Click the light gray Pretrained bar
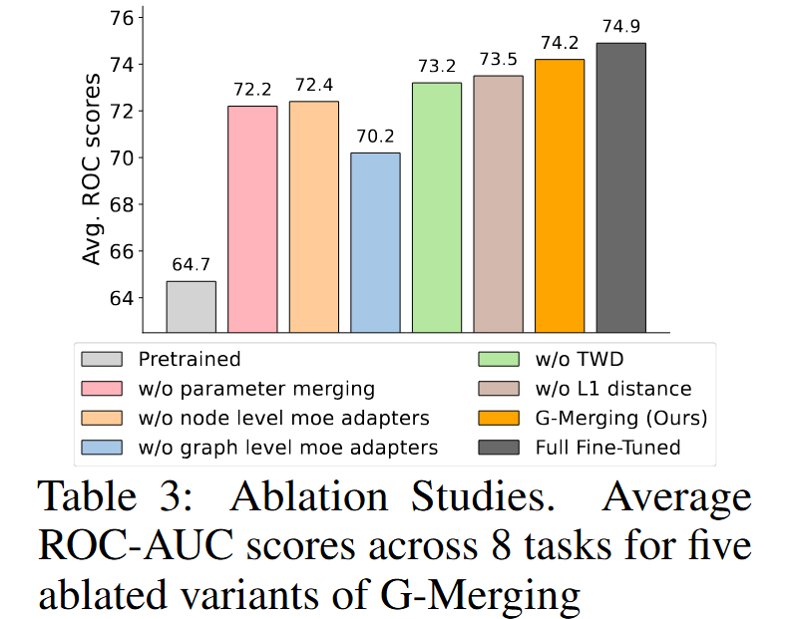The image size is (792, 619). [191, 307]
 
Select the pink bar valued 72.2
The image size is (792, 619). [252, 219]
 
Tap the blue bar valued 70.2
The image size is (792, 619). [375, 242]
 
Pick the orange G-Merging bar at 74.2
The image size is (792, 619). [560, 195]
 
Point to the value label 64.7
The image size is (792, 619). [191, 266]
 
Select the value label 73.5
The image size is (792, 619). [498, 60]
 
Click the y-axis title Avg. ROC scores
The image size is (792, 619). [92, 168]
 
